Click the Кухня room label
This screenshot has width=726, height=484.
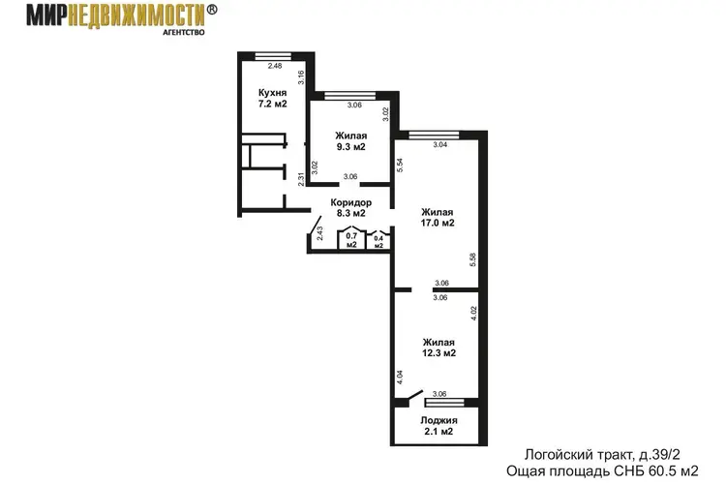pyautogui.click(x=272, y=93)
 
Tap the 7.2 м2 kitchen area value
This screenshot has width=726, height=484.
pyautogui.click(x=272, y=104)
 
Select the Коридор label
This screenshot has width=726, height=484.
pyautogui.click(x=351, y=203)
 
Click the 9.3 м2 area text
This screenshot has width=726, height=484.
pyautogui.click(x=351, y=147)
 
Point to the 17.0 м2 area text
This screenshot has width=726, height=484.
pyautogui.click(x=438, y=223)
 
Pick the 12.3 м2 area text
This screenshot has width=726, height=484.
pyautogui.click(x=439, y=353)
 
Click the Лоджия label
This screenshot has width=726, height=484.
pyautogui.click(x=439, y=420)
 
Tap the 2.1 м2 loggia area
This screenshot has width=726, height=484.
pyautogui.click(x=439, y=432)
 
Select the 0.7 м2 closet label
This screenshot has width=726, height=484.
pyautogui.click(x=351, y=240)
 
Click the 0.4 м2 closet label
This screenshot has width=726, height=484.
pyautogui.click(x=378, y=242)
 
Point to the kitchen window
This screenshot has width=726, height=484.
pyautogui.click(x=273, y=56)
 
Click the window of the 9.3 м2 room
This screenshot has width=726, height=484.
pyautogui.click(x=349, y=96)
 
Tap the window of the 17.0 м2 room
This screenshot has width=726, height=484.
pyautogui.click(x=434, y=136)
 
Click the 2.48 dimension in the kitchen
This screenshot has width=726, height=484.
pyautogui.click(x=275, y=66)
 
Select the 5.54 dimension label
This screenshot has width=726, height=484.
pyautogui.click(x=400, y=166)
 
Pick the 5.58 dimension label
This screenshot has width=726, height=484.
pyautogui.click(x=472, y=259)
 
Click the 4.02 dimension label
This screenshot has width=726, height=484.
pyautogui.click(x=473, y=314)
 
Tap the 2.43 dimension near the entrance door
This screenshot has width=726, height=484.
pyautogui.click(x=319, y=233)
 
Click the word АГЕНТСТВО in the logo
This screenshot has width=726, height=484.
pyautogui.click(x=184, y=32)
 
